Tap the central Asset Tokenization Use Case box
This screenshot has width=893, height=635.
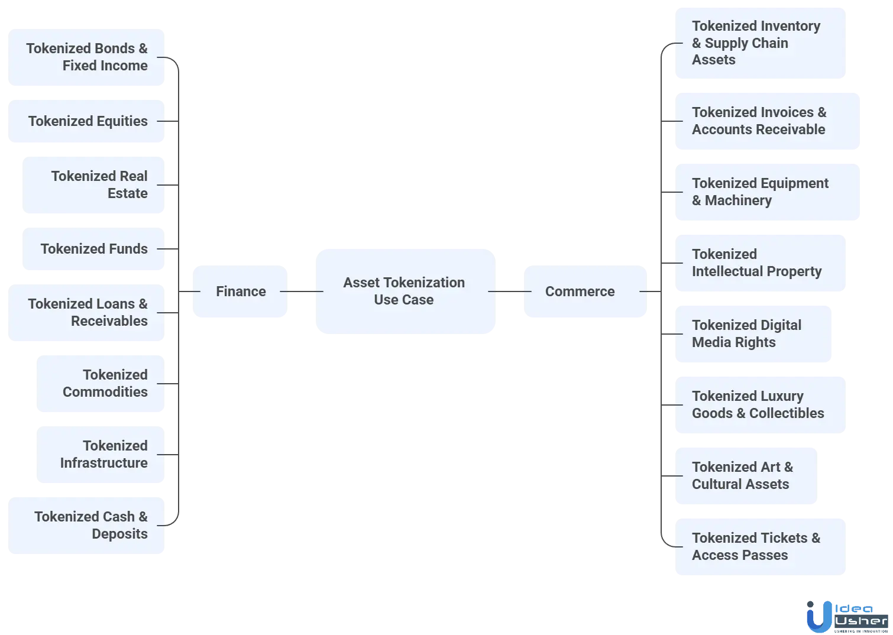(404, 291)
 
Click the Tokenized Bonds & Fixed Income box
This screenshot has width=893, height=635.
(85, 58)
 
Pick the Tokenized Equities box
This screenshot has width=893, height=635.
(85, 121)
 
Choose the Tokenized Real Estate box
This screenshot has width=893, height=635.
(92, 185)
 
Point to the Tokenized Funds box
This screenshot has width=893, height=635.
(92, 249)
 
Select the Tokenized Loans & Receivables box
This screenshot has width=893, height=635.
(85, 313)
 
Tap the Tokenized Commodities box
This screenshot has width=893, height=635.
(99, 384)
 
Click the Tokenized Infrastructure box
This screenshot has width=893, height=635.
(99, 455)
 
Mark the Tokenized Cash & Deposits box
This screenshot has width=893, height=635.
(85, 526)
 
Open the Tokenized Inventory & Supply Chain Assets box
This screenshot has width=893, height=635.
(759, 43)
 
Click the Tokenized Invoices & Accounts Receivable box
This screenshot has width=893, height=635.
(766, 121)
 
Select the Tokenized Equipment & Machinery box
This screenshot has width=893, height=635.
(766, 192)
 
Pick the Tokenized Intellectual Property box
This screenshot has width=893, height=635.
(759, 263)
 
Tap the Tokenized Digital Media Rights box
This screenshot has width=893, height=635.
(752, 334)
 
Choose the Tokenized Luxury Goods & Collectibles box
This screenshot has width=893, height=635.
(759, 405)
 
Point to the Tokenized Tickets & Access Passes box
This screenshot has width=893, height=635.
(759, 547)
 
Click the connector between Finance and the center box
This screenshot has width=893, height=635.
(300, 291)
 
